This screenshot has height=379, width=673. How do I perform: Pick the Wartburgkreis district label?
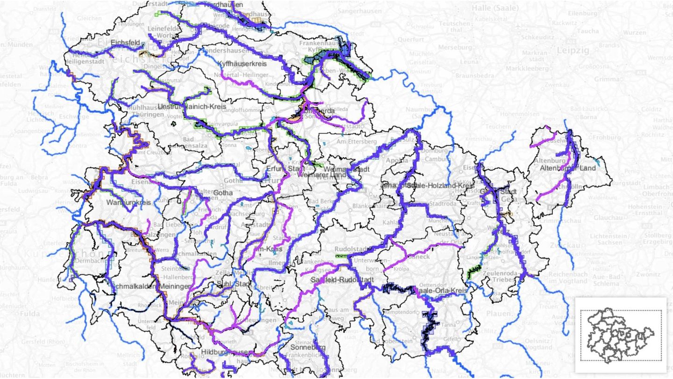click(x=128, y=203)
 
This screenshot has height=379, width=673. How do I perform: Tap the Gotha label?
click(x=223, y=192)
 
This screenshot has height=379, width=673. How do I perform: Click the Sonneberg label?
click(x=308, y=347)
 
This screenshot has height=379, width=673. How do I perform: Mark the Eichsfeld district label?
click(x=126, y=43)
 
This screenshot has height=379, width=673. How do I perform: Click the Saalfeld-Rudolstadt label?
click(x=336, y=279)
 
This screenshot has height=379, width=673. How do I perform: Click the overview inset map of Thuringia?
click(x=621, y=335)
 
